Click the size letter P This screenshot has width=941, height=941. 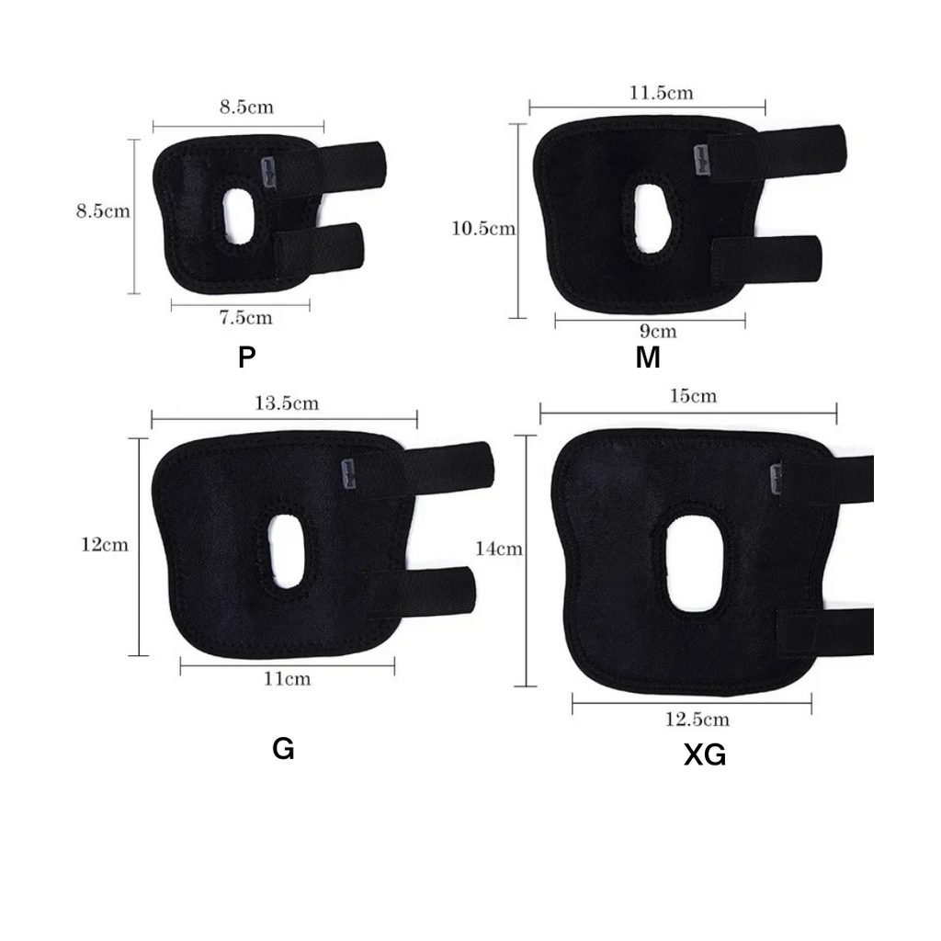point(246,357)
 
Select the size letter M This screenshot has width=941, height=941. point(648,357)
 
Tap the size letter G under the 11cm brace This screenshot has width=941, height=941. point(283,748)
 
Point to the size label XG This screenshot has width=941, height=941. point(705,755)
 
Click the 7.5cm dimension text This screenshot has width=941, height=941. point(245,317)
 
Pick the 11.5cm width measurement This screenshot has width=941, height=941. point(661,93)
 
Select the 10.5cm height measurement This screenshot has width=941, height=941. point(483,229)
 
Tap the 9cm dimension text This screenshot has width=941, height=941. point(658,331)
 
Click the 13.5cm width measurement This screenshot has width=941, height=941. point(287,402)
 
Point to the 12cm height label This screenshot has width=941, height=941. point(105,545)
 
